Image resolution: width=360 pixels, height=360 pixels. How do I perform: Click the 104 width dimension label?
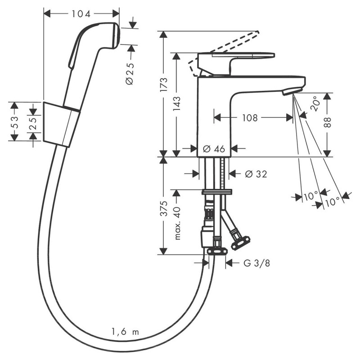[81, 14]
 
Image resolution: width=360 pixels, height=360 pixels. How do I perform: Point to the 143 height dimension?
[177, 104]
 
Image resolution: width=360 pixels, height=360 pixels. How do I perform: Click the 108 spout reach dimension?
[251, 118]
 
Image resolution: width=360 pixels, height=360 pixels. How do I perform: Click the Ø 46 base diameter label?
[214, 149]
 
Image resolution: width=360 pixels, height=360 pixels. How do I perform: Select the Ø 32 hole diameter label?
[256, 174]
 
